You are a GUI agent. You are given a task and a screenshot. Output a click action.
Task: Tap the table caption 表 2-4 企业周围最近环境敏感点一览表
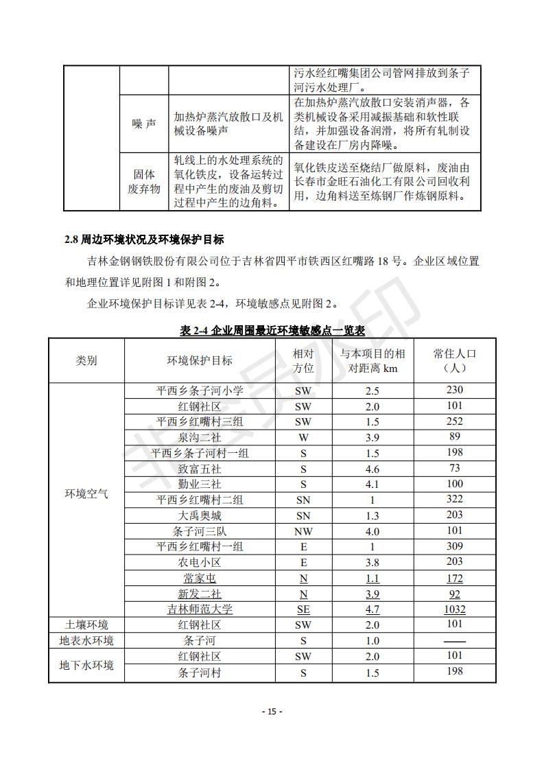272,330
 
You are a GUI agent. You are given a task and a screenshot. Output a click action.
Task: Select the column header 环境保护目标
200,361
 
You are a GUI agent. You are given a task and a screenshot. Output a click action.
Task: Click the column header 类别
86,361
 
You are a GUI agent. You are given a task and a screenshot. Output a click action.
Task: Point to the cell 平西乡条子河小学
200,390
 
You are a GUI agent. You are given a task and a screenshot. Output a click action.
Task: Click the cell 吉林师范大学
200,609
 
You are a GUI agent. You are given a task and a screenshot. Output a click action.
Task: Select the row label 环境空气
86,493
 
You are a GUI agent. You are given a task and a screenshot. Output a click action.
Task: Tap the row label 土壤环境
86,625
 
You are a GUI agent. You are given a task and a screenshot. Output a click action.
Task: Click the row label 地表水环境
86,641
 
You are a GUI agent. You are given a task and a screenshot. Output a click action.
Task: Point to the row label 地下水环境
86,665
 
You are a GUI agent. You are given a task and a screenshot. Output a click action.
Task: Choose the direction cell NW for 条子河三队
303,531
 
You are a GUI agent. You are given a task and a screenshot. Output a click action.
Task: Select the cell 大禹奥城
200,515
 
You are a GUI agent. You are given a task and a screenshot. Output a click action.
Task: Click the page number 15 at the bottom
272,711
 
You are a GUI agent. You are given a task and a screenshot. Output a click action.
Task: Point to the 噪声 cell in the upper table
143,124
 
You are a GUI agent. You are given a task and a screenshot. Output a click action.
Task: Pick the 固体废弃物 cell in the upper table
143,181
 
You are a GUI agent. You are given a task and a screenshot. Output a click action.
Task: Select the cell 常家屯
200,579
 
